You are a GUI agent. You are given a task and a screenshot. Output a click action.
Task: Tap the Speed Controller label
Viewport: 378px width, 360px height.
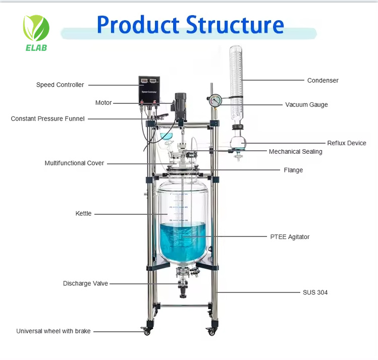pos(60,85)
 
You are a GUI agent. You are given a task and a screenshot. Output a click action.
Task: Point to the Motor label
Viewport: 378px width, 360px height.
pos(103,103)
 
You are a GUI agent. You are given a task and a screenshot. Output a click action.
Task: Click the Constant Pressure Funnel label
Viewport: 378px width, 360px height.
pos(48,119)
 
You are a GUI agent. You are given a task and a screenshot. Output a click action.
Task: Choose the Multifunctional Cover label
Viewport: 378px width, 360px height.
pos(74,163)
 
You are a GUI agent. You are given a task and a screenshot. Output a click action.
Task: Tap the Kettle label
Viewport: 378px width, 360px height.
pos(84,214)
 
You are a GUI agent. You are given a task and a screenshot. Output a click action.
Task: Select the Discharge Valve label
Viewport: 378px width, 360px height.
pos(85,283)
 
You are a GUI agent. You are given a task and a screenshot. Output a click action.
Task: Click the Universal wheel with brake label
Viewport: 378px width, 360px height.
pos(53,331)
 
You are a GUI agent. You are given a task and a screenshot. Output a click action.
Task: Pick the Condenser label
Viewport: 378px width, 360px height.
pos(323,80)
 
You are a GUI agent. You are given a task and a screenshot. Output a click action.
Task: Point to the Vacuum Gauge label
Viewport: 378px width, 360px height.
pos(306,105)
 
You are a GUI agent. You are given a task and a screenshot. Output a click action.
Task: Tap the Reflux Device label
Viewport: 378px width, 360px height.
pos(347,143)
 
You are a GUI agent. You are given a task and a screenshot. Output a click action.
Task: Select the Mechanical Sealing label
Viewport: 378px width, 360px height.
pos(295,152)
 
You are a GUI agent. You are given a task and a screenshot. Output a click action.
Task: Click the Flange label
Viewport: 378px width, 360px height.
pos(293,170)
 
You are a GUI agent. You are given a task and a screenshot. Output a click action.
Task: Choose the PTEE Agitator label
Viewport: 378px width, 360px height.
pos(290,237)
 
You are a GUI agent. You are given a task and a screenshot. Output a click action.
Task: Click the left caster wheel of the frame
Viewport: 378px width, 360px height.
pos(147,331)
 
